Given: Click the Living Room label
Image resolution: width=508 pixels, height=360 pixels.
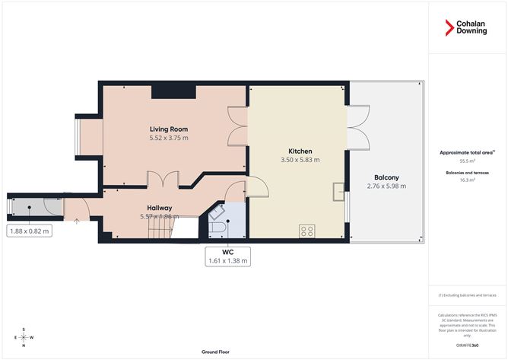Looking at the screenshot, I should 168,129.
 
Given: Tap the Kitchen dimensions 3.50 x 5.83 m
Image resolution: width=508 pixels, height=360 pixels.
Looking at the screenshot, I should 300,160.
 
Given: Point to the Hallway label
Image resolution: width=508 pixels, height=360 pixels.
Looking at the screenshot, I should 159,207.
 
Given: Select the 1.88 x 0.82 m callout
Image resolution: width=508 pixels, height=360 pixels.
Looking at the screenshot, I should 29,231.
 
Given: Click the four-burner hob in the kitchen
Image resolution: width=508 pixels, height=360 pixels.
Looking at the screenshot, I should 308,230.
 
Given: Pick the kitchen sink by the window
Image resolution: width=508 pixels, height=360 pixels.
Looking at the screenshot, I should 338,192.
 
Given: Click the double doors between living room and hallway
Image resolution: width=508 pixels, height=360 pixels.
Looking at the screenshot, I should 162,180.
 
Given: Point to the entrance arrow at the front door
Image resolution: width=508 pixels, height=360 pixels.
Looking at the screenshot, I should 76,221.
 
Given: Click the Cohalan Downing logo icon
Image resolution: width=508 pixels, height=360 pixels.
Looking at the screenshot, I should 449,28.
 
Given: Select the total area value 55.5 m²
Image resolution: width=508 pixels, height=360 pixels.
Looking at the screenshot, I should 467,161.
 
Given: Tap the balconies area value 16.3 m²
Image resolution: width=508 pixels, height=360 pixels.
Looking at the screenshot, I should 467,180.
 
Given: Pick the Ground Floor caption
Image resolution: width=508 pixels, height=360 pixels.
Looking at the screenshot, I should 216,352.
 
